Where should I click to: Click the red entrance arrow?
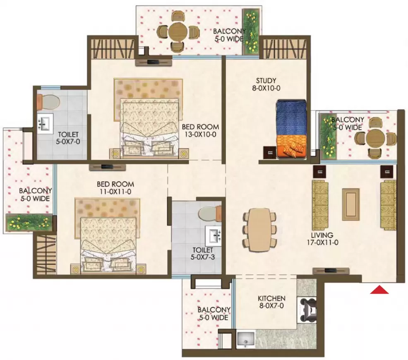coord(379,290)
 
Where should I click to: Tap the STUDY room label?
coord(266,81)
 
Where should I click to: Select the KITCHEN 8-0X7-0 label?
coord(271,302)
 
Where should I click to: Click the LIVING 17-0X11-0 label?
coord(322,239)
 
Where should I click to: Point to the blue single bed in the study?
coord(291,129)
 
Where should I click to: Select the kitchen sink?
coord(246,339)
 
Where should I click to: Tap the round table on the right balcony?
coord(375,139)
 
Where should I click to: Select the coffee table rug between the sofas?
coord(351,204)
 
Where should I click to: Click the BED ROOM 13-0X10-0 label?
coord(200,131)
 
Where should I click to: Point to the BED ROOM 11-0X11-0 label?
coord(115,188)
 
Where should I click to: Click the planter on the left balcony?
coord(29,223)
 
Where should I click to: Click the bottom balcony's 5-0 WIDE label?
coord(214,317)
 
